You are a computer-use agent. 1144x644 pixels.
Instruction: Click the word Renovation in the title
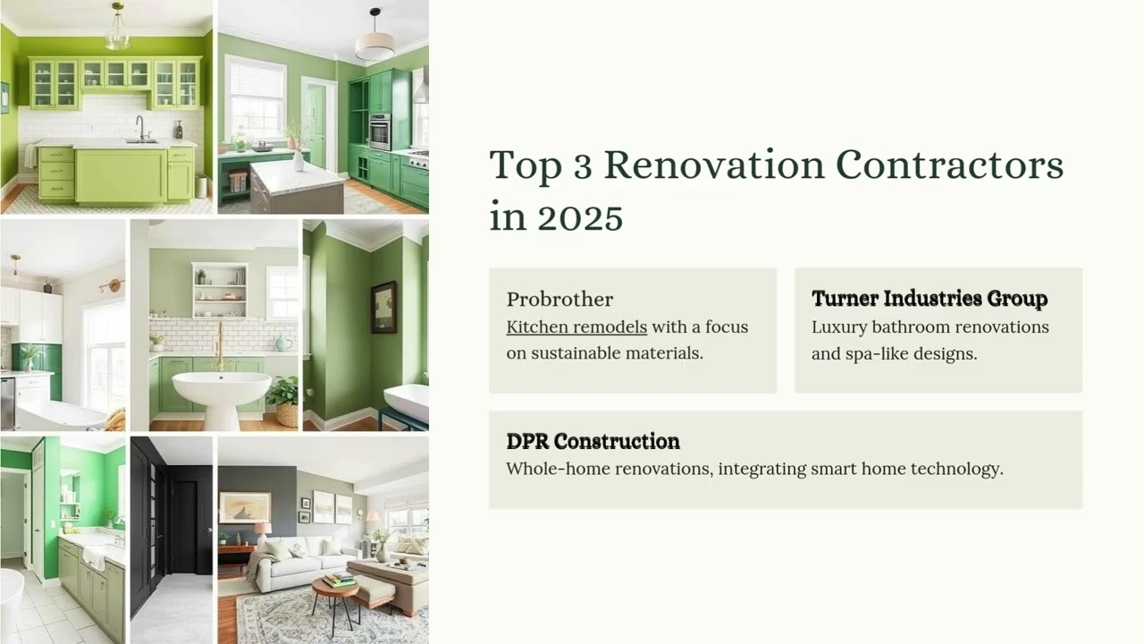[714, 165]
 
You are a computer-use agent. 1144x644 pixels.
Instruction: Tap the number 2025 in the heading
[580, 217]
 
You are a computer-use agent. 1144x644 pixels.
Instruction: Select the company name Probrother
[559, 300]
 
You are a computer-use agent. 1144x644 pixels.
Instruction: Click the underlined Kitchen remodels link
[576, 327]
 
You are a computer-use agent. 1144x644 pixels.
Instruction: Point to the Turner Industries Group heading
[929, 298]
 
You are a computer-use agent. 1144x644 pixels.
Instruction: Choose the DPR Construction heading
[593, 441]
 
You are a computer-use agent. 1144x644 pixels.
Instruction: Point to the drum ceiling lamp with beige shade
[374, 40]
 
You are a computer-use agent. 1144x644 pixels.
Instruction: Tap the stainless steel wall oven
[380, 131]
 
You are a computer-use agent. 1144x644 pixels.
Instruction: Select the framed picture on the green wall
[383, 307]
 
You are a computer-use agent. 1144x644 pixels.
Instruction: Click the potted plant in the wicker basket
[283, 402]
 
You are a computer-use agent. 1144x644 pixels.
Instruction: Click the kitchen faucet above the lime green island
[141, 128]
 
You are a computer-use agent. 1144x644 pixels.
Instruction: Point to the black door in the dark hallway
[185, 527]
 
